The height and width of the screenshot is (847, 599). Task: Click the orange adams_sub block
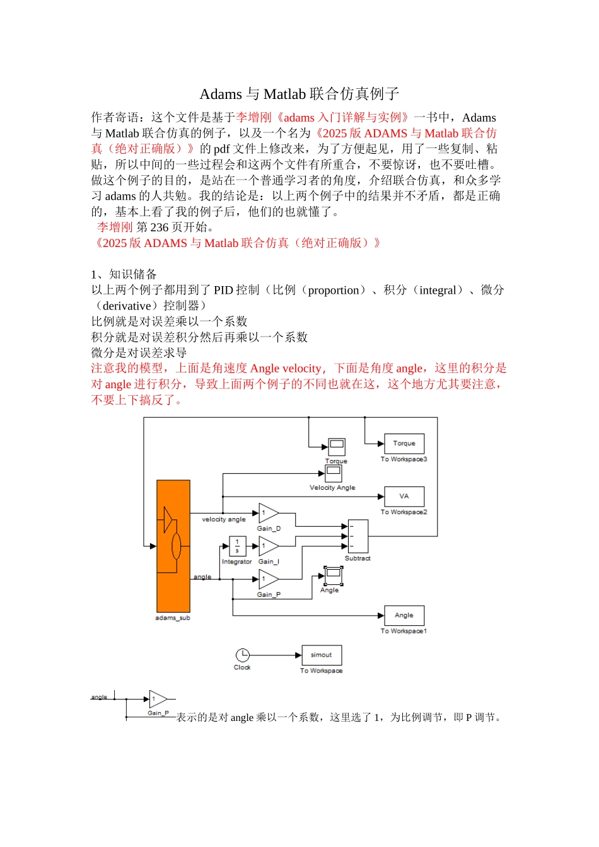(x=173, y=546)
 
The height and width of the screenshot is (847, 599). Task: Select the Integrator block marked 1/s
(x=237, y=546)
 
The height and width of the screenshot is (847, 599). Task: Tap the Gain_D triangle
(x=268, y=514)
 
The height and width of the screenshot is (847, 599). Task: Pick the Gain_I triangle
(x=268, y=546)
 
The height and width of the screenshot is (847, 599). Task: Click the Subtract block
(x=358, y=536)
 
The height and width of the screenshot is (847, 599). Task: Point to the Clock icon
(x=243, y=655)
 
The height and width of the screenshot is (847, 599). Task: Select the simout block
(x=322, y=655)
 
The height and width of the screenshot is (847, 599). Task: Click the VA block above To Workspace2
(x=404, y=497)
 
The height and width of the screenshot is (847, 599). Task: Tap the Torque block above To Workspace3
(x=404, y=444)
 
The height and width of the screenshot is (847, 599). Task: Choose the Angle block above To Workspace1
(x=404, y=616)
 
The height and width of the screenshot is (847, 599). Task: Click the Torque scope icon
(x=337, y=447)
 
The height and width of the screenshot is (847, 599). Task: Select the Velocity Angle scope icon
(x=334, y=473)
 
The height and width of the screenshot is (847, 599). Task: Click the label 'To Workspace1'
(x=404, y=631)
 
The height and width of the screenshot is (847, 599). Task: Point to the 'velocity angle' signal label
(x=224, y=519)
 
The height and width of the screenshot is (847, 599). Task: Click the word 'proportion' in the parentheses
(x=334, y=290)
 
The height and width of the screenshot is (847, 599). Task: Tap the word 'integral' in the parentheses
(x=438, y=290)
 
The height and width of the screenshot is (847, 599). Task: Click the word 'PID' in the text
(x=223, y=290)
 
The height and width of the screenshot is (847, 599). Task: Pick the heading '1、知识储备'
(x=124, y=274)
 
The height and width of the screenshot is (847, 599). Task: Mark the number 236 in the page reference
(x=159, y=228)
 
